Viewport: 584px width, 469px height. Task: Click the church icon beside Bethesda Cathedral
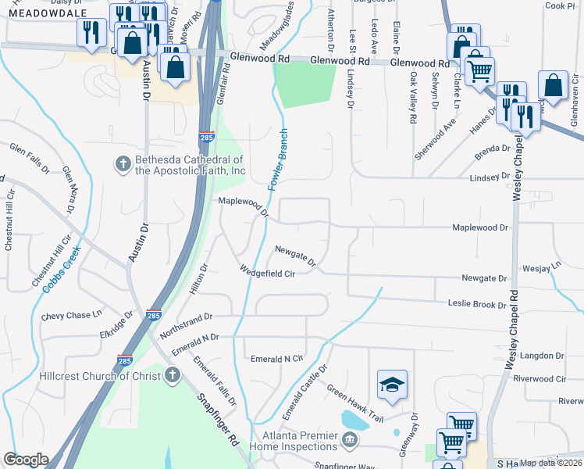pyautogui.click(x=123, y=163)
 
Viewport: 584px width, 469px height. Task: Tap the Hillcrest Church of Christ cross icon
pyautogui.click(x=172, y=375)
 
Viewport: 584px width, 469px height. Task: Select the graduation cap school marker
pyautogui.click(x=393, y=384)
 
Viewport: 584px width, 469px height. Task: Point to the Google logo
pyautogui.click(x=26, y=460)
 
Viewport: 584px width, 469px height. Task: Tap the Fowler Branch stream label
pyautogui.click(x=278, y=159)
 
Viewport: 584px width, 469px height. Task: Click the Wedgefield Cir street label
pyautogui.click(x=268, y=274)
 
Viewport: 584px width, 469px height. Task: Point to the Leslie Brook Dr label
pyautogui.click(x=477, y=303)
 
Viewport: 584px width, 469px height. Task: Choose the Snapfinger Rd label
pyautogui.click(x=218, y=410)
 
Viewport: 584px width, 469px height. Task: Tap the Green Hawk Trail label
pyautogui.click(x=356, y=403)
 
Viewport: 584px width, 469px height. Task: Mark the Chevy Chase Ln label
pyautogui.click(x=72, y=315)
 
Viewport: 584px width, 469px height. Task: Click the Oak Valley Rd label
pyautogui.click(x=412, y=98)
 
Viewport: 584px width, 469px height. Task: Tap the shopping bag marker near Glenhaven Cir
pyautogui.click(x=553, y=88)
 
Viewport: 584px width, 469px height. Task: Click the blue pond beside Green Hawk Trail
pyautogui.click(x=355, y=421)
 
